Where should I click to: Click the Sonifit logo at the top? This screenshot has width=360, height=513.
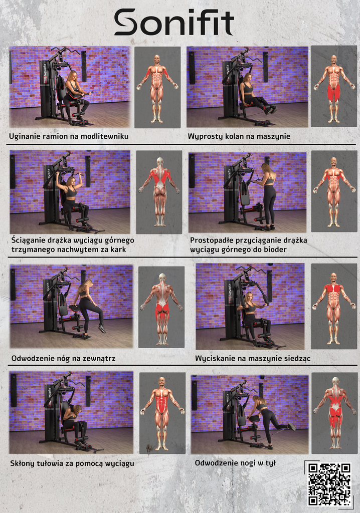(x=174, y=22)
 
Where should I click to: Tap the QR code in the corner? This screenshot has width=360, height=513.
(x=329, y=484)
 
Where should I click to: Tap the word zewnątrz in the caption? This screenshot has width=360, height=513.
(x=99, y=359)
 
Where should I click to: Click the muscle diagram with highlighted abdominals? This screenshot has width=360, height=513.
(x=162, y=413)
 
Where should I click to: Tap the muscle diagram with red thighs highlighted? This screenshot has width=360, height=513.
(x=334, y=86)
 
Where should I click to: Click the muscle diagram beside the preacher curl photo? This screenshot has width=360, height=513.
(x=157, y=87)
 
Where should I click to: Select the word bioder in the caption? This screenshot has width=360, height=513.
(x=274, y=249)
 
